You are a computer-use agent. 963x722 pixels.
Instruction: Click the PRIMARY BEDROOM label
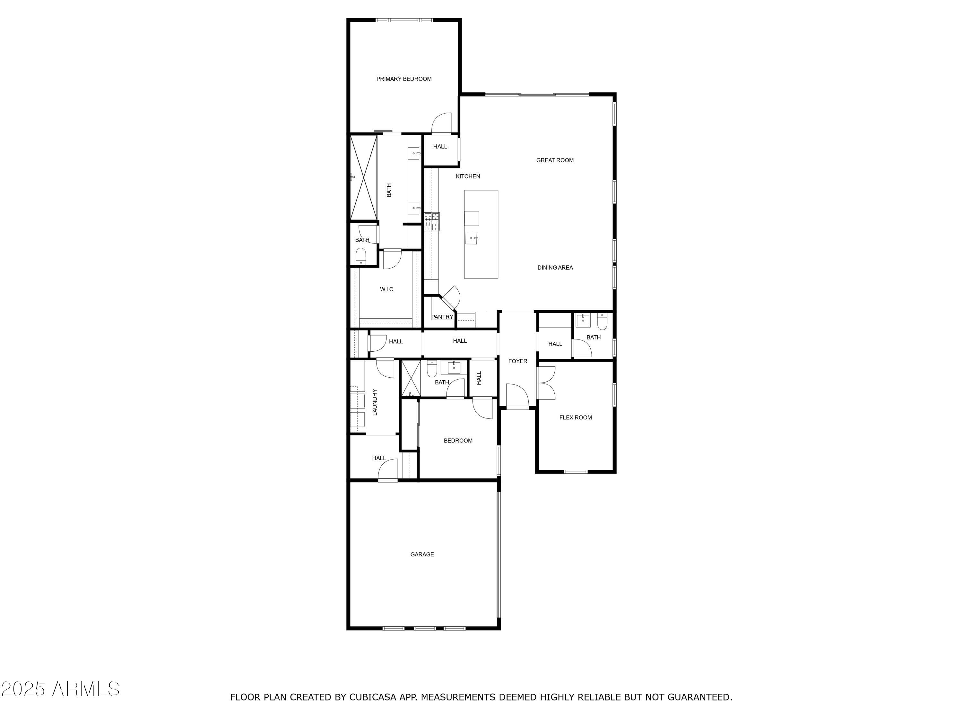(x=403, y=79)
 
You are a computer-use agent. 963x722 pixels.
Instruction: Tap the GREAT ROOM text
(x=555, y=160)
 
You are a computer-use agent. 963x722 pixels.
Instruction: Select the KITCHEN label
(x=468, y=176)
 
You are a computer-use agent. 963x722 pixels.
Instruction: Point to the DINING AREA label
(x=555, y=268)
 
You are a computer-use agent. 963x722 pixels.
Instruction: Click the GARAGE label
(x=422, y=554)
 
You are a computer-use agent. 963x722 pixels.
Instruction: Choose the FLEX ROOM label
(x=575, y=417)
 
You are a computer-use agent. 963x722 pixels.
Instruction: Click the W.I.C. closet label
(x=387, y=289)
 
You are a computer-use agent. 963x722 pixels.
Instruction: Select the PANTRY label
(x=442, y=317)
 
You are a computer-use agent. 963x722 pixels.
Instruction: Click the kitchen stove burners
(x=432, y=221)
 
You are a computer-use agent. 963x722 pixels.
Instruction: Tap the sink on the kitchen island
(x=472, y=238)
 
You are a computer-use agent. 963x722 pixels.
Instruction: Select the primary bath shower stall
(x=363, y=177)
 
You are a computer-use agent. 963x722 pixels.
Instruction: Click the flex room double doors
(x=547, y=383)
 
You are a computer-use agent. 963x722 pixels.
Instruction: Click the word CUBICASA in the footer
(x=372, y=697)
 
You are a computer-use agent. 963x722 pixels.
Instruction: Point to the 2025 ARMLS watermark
(x=61, y=689)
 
